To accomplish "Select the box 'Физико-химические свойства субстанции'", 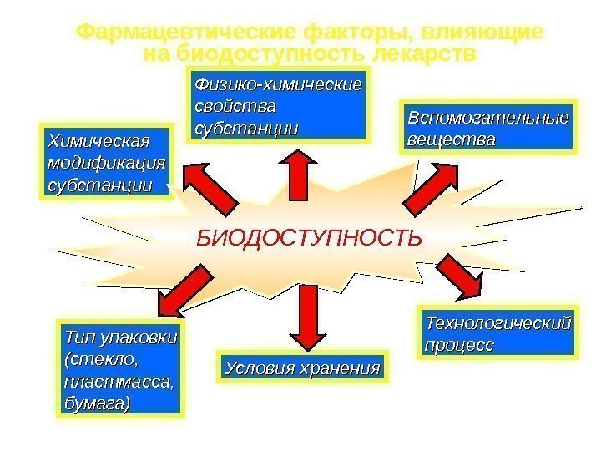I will (x=278, y=106).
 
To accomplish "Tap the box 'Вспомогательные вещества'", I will (x=490, y=127).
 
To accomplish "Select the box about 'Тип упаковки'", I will (x=120, y=368).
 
